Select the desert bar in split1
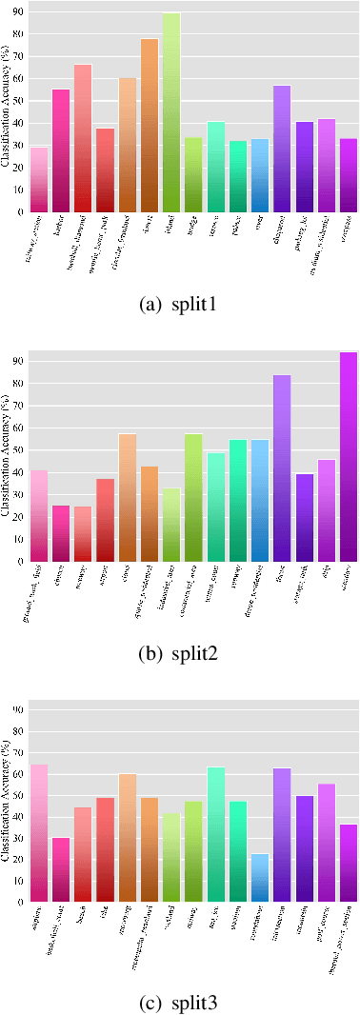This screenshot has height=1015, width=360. pos(150,125)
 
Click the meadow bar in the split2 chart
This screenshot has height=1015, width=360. pos(349,457)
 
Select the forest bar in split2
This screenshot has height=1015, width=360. pos(282,468)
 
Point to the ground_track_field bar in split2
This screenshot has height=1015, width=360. pos(39,515)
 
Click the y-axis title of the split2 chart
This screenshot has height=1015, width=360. pos(7,457)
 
